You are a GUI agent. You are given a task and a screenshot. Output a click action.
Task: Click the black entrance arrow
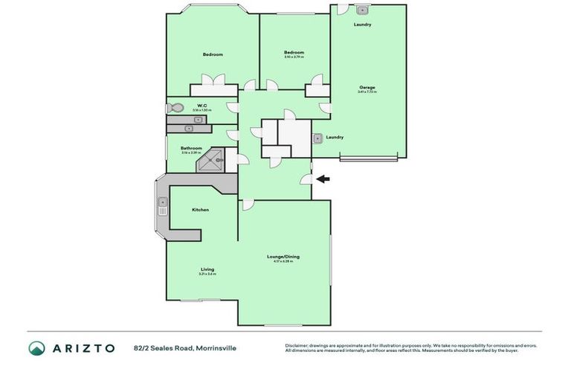coord(323,179)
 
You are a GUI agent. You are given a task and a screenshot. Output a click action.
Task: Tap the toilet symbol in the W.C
coord(172,108)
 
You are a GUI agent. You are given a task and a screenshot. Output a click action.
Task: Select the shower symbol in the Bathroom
coord(213,158)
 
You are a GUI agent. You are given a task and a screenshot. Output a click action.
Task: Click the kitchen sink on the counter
coord(162,206)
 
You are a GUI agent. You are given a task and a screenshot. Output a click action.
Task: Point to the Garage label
coord(367,87)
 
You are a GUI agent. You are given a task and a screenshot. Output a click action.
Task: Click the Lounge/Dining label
coord(283,257)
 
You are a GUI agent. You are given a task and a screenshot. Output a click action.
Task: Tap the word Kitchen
coord(200,210)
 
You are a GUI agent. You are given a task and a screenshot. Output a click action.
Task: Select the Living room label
coord(207,269)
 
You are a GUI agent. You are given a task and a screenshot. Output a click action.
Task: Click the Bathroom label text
coord(191,148)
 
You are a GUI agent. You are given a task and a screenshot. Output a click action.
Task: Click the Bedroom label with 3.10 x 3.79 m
coord(294,52)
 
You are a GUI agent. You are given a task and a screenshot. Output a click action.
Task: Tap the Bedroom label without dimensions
coord(213,54)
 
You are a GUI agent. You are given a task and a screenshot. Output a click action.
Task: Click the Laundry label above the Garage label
coord(362,25)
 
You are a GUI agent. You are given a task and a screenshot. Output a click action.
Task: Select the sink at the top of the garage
coord(362,10)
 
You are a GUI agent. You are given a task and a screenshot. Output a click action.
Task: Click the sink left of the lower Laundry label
coord(317,138)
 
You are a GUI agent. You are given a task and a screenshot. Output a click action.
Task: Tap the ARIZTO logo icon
coord(36,348)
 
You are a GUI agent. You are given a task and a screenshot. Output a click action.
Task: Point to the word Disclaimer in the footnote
coord(297,345)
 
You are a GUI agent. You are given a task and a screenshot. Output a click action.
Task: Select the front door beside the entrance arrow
coord(306,179)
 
